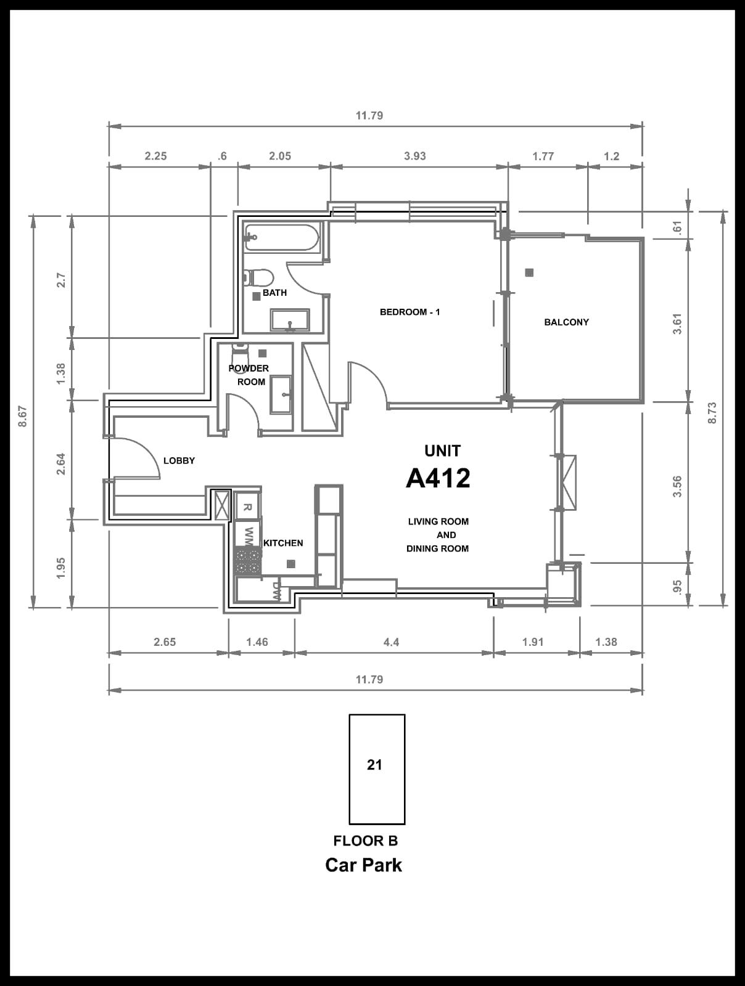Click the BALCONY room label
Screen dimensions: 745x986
tap(566, 322)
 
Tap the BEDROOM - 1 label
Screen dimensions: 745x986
tap(410, 312)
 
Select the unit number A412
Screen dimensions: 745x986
tap(438, 478)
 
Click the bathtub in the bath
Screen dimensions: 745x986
tap(282, 237)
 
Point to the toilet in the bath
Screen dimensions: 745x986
tap(258, 277)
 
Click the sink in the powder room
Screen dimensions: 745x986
tap(281, 395)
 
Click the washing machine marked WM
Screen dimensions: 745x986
tap(248, 534)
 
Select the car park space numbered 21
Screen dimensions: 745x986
tap(377, 770)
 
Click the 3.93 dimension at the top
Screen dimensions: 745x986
tap(414, 156)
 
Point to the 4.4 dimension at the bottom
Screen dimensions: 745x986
tap(391, 642)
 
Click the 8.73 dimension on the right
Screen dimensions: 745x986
tap(712, 412)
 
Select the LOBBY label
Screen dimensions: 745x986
tap(179, 460)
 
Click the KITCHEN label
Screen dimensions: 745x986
tap(283, 543)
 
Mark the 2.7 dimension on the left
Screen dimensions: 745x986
tap(61, 280)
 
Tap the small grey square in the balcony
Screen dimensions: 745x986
tap(529, 272)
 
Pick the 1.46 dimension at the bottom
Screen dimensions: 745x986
tap(257, 642)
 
